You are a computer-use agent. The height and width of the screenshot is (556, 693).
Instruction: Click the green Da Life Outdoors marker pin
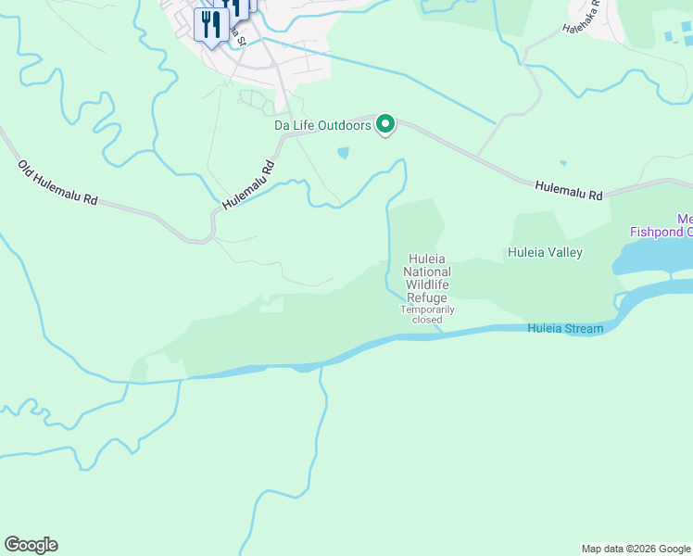pos(385,124)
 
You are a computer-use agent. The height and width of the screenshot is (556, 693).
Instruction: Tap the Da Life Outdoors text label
pos(322,125)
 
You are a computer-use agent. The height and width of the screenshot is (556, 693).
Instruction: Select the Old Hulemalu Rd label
pos(57,183)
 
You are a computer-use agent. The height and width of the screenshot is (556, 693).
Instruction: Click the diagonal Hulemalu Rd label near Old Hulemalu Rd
pos(248,184)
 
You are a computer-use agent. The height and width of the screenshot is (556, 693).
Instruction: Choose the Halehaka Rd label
pos(582,16)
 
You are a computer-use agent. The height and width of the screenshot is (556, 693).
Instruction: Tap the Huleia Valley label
pos(543,251)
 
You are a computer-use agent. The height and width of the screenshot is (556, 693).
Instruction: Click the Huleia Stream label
pos(565,329)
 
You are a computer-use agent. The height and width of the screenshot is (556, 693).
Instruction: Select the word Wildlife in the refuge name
pos(427,285)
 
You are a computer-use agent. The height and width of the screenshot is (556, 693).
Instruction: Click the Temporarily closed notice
pos(427,314)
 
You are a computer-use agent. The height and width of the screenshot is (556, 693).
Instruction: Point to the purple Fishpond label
pos(660,232)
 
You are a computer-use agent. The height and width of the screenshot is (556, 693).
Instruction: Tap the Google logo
pos(31,545)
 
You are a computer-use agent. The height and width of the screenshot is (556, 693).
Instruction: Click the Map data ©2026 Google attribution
pos(636,549)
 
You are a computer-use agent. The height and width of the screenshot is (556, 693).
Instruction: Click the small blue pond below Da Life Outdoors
pos(344,152)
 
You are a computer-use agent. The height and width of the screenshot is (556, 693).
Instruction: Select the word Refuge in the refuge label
pos(427,298)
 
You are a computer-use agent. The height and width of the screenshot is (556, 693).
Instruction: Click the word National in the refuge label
pos(427,272)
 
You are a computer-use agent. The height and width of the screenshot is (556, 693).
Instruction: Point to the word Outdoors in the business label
pos(346,125)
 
